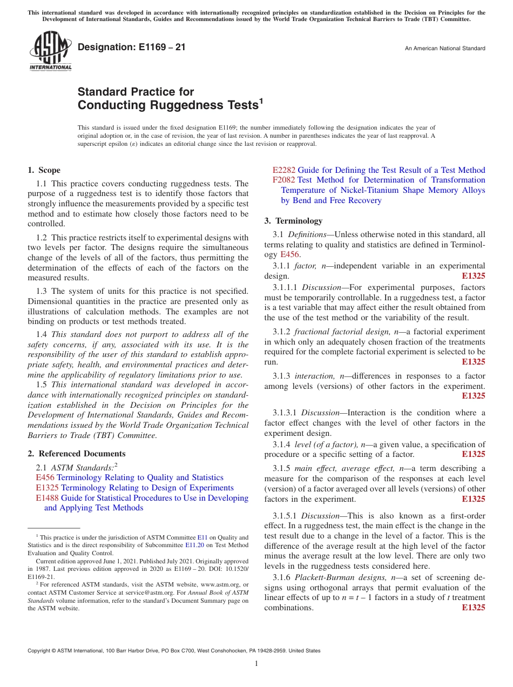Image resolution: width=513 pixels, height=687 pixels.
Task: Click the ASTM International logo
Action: [x=50, y=52]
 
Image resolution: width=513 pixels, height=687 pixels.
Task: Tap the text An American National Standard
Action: [x=444, y=49]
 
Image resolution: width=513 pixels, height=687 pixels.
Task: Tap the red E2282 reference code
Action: [x=284, y=170]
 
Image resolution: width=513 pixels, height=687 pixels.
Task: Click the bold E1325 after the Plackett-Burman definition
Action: [x=474, y=608]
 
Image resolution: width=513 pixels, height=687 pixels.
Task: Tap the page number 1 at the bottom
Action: [x=256, y=663]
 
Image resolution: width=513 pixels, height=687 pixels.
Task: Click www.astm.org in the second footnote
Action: [x=221, y=584]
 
